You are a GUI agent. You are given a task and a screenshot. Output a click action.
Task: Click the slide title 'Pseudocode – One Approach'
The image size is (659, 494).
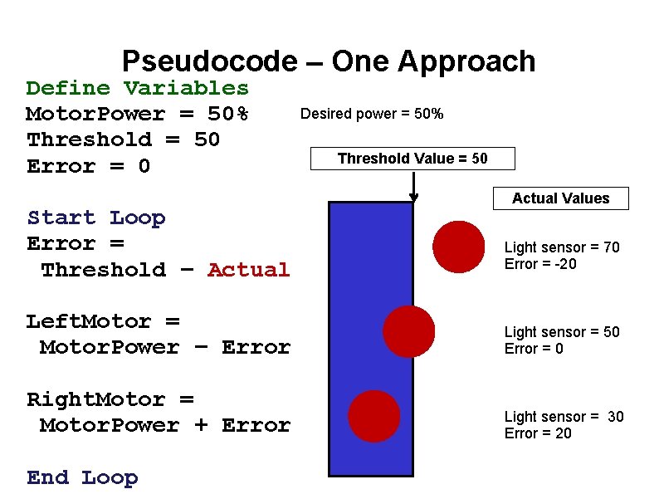click(329, 61)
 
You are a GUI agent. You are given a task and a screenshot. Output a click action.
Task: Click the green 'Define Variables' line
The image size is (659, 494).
click(137, 88)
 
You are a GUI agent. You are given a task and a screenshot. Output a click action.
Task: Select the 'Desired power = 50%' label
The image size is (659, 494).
click(371, 114)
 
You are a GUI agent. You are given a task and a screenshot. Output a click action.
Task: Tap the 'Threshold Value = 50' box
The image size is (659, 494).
click(412, 159)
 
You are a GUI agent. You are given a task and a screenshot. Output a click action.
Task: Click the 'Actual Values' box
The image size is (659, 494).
click(560, 198)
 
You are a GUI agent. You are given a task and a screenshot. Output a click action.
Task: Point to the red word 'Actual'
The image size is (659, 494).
click(248, 270)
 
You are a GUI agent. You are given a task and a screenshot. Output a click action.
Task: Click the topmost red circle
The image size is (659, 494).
click(459, 247)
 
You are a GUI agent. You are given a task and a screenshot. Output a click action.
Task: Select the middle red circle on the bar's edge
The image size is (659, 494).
click(408, 331)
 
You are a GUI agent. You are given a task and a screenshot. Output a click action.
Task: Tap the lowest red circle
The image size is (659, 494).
click(374, 416)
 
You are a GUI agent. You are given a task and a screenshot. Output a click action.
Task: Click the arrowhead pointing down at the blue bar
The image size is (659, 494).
click(413, 198)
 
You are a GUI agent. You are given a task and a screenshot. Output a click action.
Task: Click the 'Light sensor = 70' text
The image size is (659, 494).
click(562, 247)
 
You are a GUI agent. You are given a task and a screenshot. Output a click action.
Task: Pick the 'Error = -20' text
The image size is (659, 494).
click(540, 264)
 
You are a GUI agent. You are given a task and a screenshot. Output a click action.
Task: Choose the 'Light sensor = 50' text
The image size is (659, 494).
click(562, 332)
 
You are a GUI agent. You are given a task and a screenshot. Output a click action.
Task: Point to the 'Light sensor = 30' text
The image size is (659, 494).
click(564, 417)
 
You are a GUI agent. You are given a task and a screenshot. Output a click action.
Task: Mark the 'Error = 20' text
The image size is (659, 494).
click(538, 433)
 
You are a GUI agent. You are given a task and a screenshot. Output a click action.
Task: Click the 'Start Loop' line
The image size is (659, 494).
click(96, 218)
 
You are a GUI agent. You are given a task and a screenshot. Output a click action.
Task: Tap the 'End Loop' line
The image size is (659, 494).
click(82, 477)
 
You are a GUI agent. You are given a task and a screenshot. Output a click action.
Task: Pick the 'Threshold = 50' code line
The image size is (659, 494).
click(123, 139)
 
